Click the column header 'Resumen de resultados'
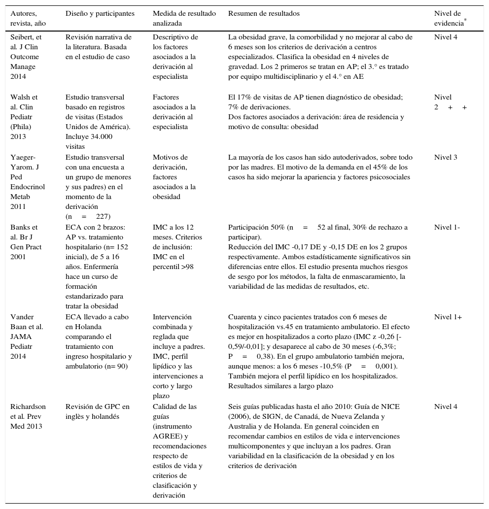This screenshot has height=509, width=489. [264, 14]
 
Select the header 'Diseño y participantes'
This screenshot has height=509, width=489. [100, 14]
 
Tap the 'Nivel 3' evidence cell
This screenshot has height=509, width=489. [446, 158]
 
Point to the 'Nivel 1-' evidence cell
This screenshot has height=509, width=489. [447, 228]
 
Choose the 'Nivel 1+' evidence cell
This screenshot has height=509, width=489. [448, 317]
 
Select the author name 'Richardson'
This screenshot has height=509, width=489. [28, 407]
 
